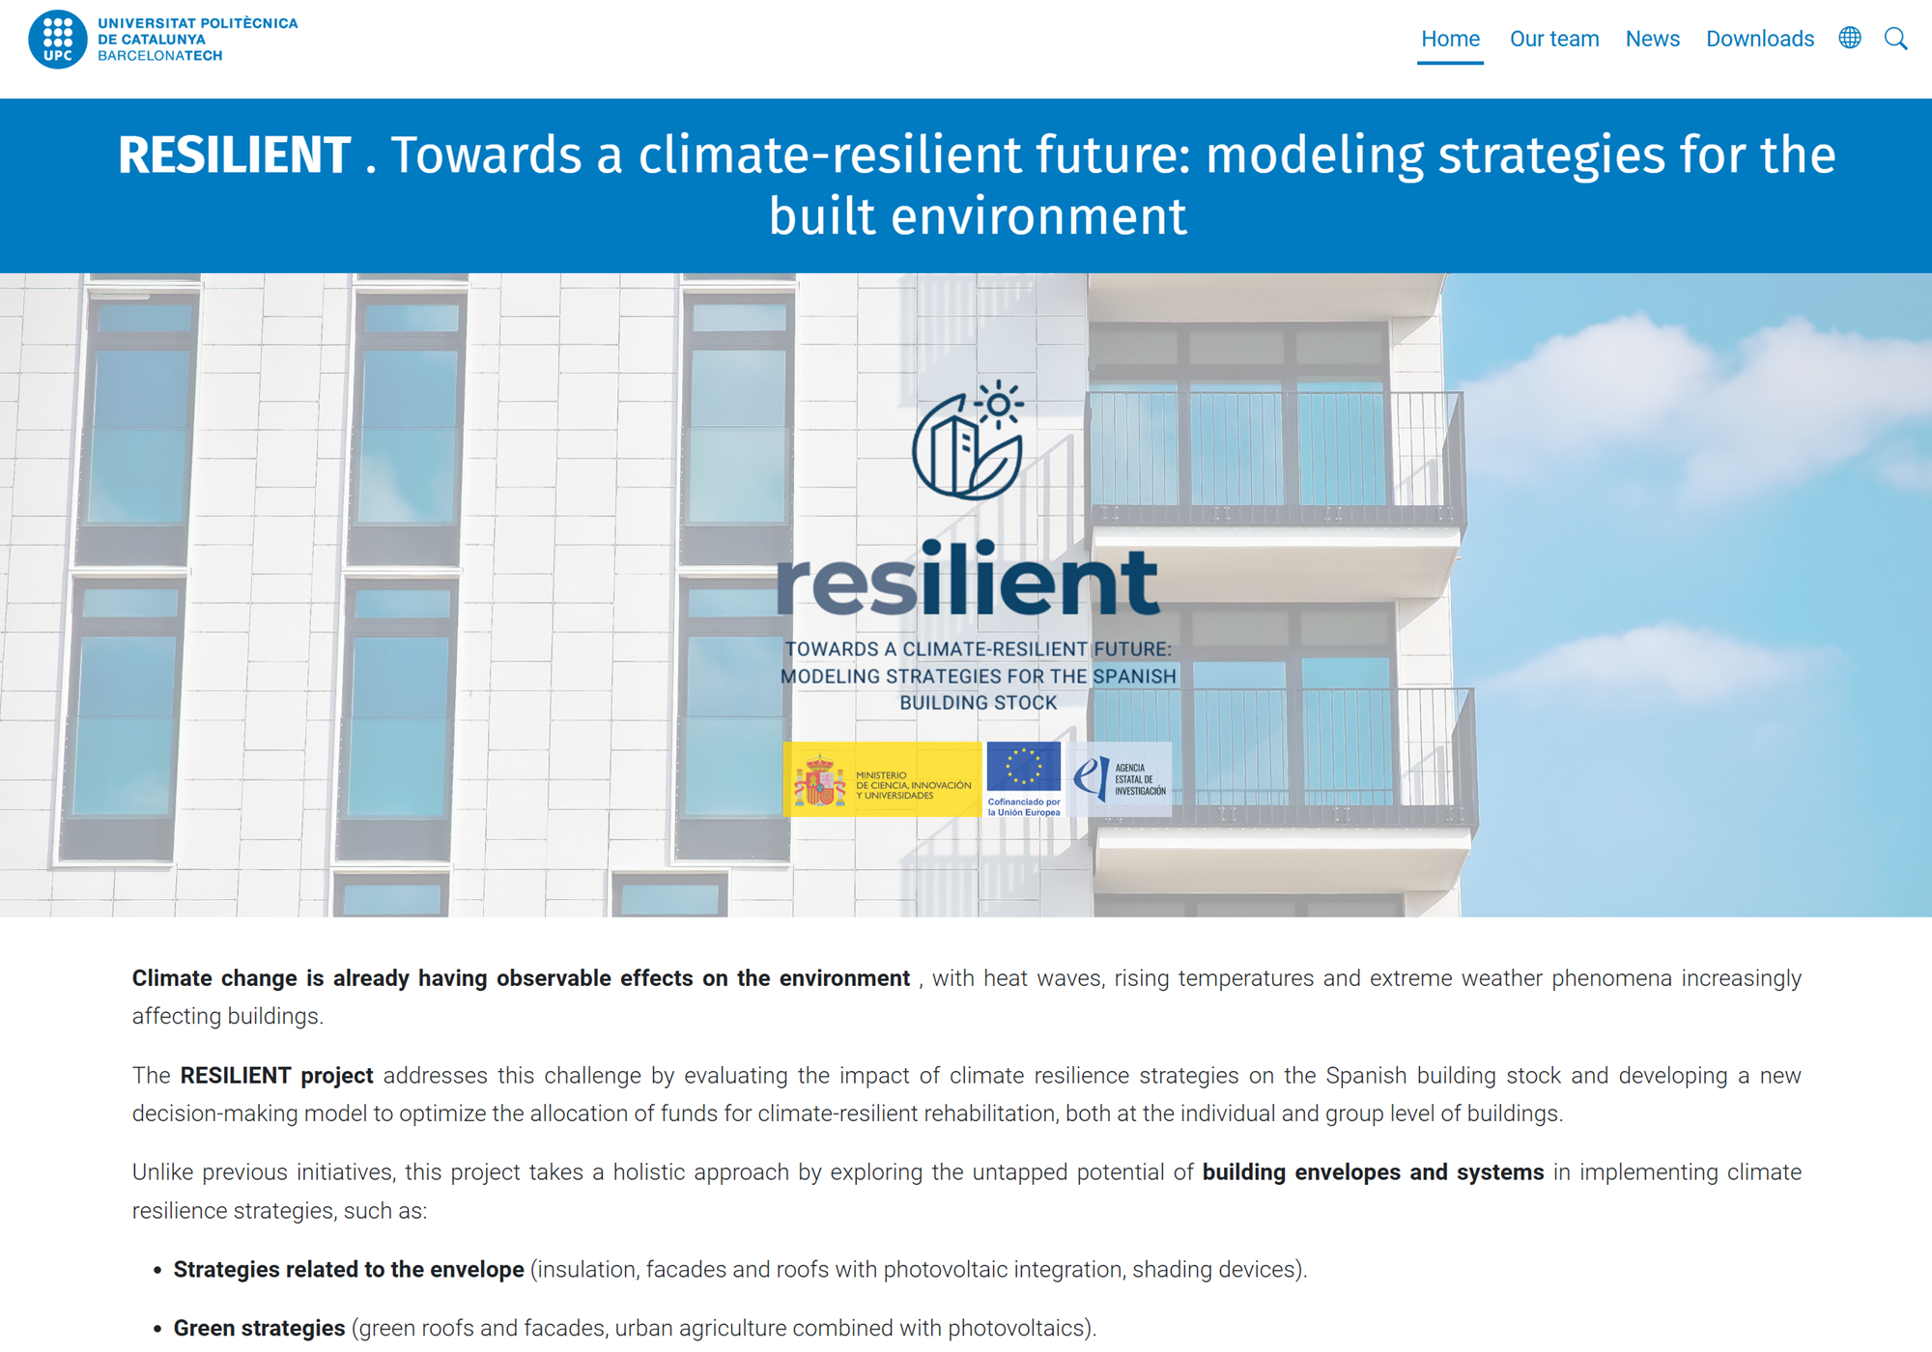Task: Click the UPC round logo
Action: [58, 39]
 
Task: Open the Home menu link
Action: [1450, 39]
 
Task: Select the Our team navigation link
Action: [1554, 39]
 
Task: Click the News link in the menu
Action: [1653, 39]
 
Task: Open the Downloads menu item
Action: [1760, 39]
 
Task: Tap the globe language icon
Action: [1850, 38]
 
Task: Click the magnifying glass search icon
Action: [1896, 39]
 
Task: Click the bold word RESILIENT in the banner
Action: [234, 155]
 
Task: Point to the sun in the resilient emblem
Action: [999, 404]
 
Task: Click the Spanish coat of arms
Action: [819, 780]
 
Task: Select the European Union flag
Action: [1024, 767]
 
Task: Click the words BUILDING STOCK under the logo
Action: [979, 703]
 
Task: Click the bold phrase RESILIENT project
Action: [276, 1076]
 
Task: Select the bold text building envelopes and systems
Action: [1373, 1172]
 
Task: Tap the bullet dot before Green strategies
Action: [157, 1330]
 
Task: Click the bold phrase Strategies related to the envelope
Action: [349, 1270]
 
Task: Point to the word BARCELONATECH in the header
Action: [160, 56]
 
